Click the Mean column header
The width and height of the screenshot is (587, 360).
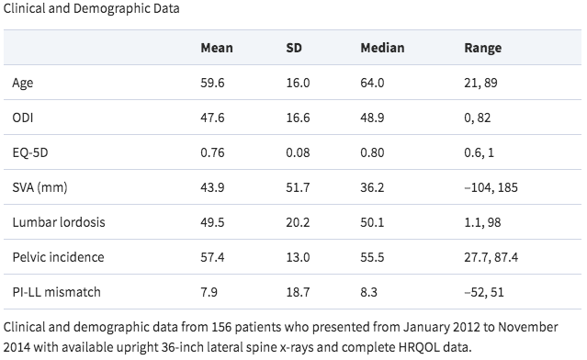click(x=216, y=48)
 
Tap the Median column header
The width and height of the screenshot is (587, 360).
click(x=382, y=48)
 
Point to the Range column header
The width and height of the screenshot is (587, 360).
click(x=482, y=48)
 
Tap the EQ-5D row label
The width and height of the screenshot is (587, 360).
click(x=29, y=152)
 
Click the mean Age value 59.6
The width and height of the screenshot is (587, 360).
click(x=212, y=83)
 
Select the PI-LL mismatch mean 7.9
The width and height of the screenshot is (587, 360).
click(x=209, y=292)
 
